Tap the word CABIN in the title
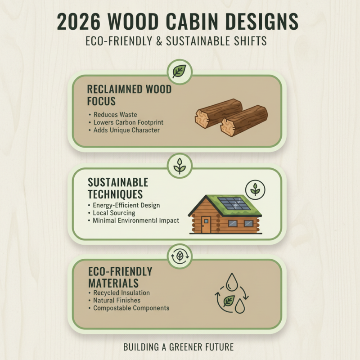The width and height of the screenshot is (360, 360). (211, 22)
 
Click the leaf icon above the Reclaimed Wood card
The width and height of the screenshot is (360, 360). (179, 71)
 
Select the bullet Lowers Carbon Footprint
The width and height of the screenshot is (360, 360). (128, 122)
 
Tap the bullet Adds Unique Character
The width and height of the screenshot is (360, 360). (126, 130)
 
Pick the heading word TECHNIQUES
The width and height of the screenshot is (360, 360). (116, 194)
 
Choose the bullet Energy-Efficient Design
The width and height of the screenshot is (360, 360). (126, 205)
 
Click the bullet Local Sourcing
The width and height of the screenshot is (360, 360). (114, 213)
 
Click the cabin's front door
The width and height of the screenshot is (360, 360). (206, 225)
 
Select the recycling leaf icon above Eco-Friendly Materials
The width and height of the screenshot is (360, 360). (179, 256)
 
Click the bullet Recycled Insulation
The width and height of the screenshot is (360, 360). (121, 293)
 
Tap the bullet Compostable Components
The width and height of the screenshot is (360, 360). (131, 308)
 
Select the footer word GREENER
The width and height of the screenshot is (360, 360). (190, 347)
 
